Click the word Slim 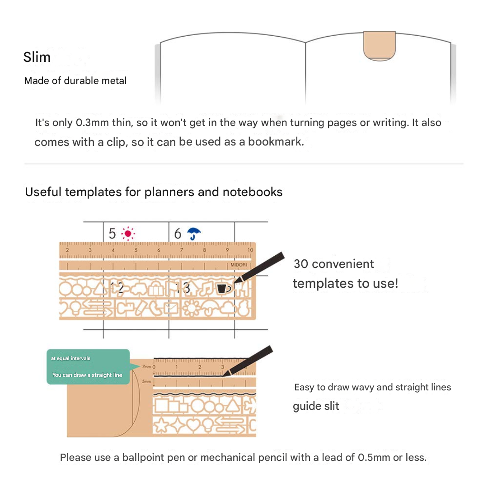coord(37,57)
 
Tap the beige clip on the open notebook coord(380,46)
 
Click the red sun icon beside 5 coord(128,234)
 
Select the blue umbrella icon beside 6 coord(194,234)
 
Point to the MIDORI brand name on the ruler coord(239,265)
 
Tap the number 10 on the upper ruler coord(250,250)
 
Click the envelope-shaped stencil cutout coord(171,309)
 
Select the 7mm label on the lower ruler coord(146,367)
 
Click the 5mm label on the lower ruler coord(146,381)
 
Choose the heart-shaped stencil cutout coord(193,425)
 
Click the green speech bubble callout coord(88,366)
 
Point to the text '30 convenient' coord(334,264)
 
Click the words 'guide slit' coord(316,406)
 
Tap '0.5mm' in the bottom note coord(374,457)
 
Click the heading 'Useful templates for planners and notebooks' coord(154,192)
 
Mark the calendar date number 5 coord(113,234)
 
